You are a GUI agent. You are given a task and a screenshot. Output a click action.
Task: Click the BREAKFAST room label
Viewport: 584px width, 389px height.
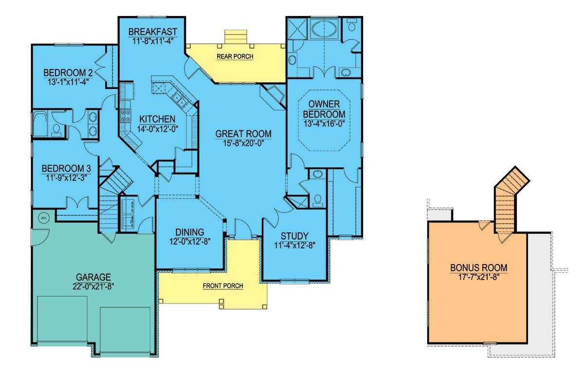pos(153,32)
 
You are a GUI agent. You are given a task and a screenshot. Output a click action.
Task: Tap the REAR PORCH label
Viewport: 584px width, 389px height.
pos(235,56)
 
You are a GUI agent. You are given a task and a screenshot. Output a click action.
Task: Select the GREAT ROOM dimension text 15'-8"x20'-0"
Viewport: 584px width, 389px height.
pos(243,143)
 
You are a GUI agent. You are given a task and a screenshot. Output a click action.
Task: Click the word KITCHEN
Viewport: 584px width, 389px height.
pos(157,119)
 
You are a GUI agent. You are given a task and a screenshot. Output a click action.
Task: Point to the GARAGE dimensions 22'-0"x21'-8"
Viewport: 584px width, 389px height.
pos(93,286)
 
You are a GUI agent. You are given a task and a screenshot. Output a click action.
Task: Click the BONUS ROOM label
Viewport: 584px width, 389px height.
pos(479,267)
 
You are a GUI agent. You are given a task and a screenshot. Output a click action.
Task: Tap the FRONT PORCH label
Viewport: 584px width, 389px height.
pos(223,286)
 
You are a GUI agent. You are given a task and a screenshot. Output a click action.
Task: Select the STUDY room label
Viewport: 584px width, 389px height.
pos(294,236)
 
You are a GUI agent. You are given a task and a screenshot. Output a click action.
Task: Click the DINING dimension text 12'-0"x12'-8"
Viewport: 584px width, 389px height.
pos(190,242)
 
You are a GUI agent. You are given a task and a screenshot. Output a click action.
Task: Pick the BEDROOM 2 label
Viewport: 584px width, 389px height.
pos(68,72)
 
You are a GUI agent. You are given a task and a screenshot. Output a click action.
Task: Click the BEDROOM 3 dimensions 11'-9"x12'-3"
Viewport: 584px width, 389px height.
pos(67,177)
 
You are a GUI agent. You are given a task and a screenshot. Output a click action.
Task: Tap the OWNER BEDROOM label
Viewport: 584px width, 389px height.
pos(324,109)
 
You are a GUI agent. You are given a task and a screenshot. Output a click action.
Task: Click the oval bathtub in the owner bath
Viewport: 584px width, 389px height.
pos(324,29)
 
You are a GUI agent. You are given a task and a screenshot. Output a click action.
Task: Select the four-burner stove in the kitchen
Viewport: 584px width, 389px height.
pos(126,116)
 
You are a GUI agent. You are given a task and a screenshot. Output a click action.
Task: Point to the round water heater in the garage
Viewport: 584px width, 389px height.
pos(44,218)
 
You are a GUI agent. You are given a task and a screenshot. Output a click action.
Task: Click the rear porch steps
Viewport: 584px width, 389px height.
pos(236,37)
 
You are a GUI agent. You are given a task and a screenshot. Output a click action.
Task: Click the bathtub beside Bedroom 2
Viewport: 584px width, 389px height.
pos(40,124)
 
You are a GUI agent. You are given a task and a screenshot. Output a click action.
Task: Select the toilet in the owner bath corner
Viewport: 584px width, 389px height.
pos(352,25)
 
